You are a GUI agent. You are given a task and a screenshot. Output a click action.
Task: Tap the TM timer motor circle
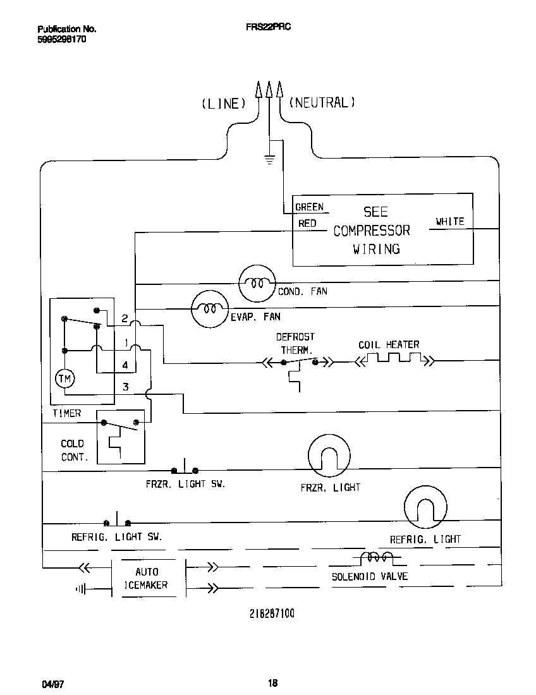[x=64, y=378]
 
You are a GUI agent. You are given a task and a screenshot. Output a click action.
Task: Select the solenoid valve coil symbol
[x=376, y=559]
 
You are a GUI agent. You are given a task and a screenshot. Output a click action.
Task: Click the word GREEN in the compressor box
[x=310, y=207]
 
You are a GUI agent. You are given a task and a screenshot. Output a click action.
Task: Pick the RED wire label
[x=307, y=223]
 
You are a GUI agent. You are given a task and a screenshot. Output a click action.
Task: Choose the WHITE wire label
[x=449, y=221]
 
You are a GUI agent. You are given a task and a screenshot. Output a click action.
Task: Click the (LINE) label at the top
[x=223, y=103]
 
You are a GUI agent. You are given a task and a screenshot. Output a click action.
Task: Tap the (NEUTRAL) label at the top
[x=322, y=102]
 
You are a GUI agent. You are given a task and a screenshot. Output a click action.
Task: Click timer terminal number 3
[x=125, y=387]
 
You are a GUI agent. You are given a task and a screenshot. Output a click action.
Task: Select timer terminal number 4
[x=125, y=365]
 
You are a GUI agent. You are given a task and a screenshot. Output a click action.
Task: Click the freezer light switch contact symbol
[x=185, y=469]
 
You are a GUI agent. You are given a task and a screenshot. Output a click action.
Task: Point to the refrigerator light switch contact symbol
[x=117, y=521]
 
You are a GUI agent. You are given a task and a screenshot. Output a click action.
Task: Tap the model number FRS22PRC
[x=268, y=28]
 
